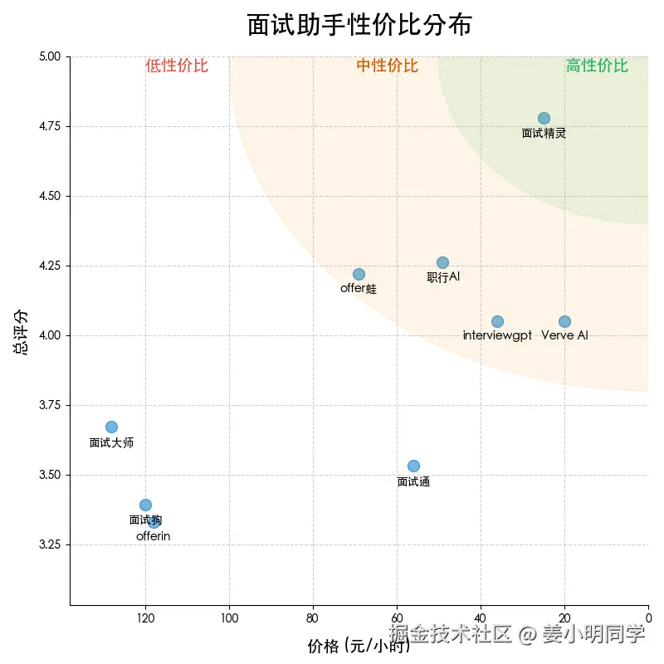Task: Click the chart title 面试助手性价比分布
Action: coord(359,25)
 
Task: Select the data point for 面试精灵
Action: coord(544,118)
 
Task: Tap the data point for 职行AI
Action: coord(442,262)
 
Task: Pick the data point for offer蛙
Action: coord(359,274)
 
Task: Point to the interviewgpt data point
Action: coord(497,321)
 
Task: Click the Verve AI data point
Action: coord(564,321)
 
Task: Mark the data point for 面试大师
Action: coord(111,427)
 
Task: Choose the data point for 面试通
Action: coord(413,466)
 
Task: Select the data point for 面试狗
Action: coord(145,505)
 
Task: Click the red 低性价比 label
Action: coord(177,66)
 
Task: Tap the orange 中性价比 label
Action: coord(388,66)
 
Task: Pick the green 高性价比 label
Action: coord(597,66)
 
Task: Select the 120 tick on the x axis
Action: coord(145,618)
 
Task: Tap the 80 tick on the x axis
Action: coord(313,618)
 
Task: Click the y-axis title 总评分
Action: coord(21,332)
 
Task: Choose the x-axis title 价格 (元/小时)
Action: coord(359,647)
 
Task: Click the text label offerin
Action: coord(154,536)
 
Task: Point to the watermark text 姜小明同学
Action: coord(593,635)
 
